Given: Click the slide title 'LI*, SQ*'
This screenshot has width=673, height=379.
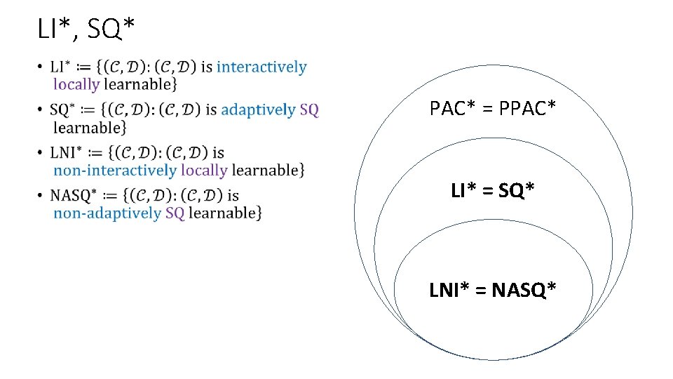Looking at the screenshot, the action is click(86, 29).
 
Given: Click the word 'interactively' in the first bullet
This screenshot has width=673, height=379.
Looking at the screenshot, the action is click(261, 67).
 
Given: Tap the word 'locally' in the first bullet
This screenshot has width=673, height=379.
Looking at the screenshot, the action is click(76, 85).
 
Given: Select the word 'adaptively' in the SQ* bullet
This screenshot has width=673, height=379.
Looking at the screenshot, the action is click(258, 110).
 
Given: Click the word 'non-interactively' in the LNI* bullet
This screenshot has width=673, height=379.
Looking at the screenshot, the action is click(115, 171).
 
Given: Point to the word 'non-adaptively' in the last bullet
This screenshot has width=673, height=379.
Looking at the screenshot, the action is click(107, 213).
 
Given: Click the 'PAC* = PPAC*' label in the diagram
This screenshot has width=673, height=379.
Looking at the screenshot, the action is click(493, 109).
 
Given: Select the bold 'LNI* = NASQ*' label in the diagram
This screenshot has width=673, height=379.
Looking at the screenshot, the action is click(493, 288).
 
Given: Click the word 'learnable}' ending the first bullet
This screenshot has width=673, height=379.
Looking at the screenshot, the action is click(140, 85).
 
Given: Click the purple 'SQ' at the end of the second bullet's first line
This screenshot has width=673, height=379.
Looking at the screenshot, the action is click(309, 110).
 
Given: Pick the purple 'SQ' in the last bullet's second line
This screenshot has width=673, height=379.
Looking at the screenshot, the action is click(175, 213).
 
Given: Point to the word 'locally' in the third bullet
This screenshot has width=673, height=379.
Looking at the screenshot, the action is click(204, 171).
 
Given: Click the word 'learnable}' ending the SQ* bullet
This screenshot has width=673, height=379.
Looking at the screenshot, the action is click(90, 128).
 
